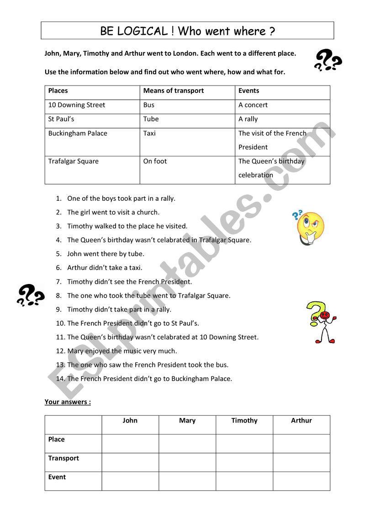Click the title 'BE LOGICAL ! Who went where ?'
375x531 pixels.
click(x=187, y=31)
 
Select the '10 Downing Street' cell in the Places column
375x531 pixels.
click(x=77, y=105)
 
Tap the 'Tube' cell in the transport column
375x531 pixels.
click(x=151, y=119)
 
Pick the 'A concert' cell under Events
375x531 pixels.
click(x=253, y=105)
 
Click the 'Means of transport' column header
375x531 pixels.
click(x=174, y=91)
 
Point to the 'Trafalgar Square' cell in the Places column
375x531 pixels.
click(x=74, y=161)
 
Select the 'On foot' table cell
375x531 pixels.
click(x=155, y=161)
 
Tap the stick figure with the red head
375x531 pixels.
click(x=322, y=322)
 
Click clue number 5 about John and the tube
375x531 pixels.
click(x=106, y=254)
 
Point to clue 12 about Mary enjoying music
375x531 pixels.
click(x=122, y=351)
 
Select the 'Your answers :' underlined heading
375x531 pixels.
click(x=68, y=402)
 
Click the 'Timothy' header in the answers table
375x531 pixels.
click(x=244, y=421)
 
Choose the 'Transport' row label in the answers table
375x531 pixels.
click(x=63, y=458)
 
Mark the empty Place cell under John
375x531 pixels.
click(x=130, y=444)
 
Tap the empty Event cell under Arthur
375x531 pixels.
click(x=301, y=481)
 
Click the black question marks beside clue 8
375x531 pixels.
click(x=30, y=295)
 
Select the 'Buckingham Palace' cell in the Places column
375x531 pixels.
click(x=78, y=134)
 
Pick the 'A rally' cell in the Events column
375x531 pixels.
click(x=248, y=119)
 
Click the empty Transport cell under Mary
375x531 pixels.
click(x=187, y=462)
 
